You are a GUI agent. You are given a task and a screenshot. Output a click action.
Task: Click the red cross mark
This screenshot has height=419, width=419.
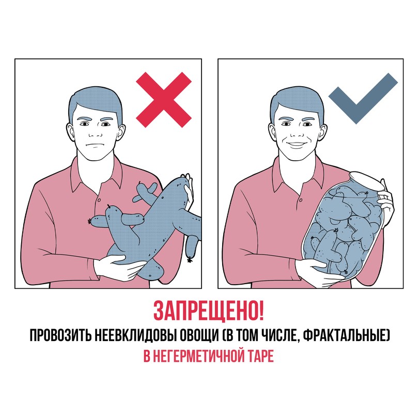tap(164, 99)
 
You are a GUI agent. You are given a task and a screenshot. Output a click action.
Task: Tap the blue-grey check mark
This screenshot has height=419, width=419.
tap(363, 98)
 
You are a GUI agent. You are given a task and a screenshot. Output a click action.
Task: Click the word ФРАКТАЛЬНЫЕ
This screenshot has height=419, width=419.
tap(346, 335)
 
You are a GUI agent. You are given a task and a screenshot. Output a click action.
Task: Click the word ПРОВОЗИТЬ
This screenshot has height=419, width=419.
tap(60, 335)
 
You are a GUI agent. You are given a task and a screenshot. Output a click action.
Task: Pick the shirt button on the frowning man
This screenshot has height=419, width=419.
tap(99, 200)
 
